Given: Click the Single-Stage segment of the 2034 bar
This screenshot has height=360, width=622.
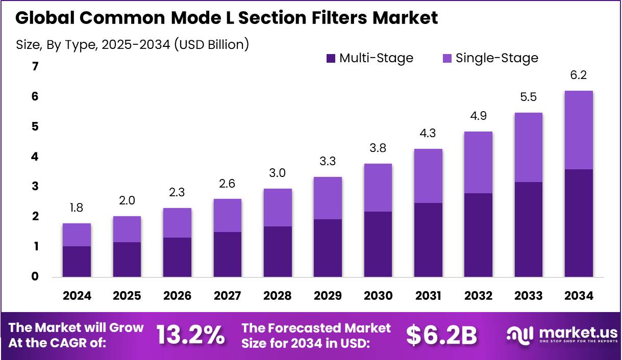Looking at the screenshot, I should click(579, 130).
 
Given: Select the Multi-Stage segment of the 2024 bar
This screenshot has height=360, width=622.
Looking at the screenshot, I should click(77, 261).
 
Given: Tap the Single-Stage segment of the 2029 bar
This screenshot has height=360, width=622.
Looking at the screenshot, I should click(328, 198).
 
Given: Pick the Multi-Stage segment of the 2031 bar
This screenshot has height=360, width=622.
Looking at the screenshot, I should click(428, 240).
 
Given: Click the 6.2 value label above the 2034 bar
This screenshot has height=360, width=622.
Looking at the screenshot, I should click(579, 75).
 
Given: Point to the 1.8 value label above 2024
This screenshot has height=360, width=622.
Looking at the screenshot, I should click(77, 209).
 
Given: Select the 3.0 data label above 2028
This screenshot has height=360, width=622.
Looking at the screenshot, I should click(278, 174).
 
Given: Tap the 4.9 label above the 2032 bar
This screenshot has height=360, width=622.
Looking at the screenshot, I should click(478, 116).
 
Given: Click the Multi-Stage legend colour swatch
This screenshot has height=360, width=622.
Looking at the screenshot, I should click(331, 59).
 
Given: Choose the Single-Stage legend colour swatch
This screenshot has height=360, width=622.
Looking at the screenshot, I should click(447, 59).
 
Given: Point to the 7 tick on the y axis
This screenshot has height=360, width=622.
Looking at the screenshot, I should click(35, 66).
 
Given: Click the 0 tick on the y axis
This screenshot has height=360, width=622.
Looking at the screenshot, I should click(35, 277).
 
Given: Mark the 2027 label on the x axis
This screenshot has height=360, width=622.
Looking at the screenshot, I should click(227, 296).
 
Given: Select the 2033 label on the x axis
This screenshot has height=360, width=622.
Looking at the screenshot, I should click(529, 296).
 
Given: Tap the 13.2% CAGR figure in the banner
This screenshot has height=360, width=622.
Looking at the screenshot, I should click(190, 335).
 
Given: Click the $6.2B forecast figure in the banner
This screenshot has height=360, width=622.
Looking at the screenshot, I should click(441, 335).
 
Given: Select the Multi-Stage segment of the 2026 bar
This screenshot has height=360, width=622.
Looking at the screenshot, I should click(177, 257).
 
